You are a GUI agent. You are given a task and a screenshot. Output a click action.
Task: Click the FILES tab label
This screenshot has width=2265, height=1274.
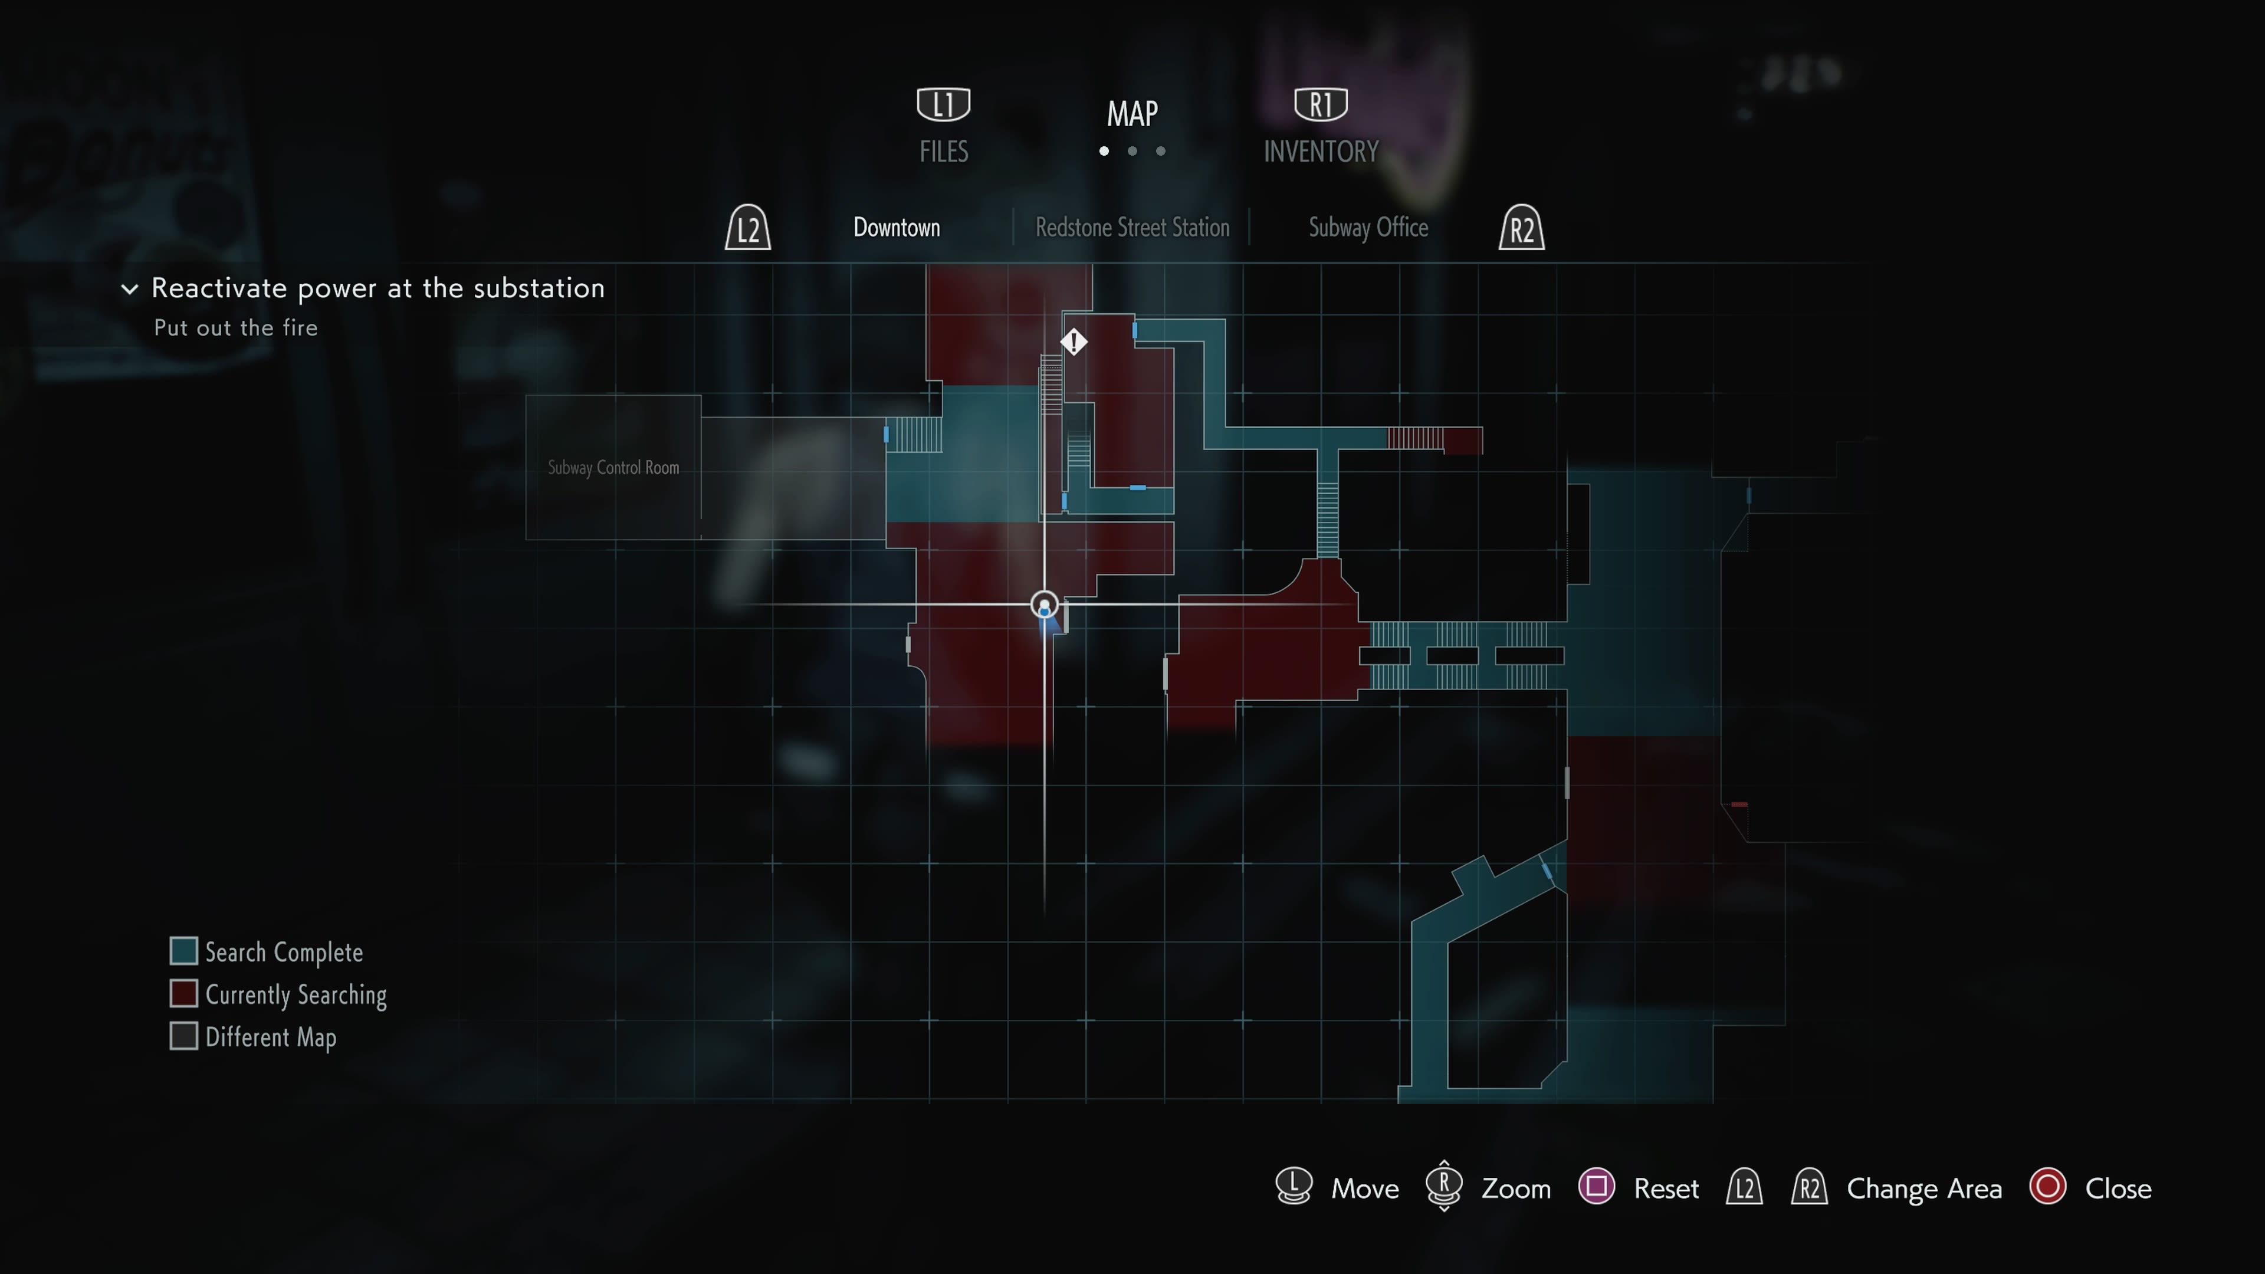tap(944, 152)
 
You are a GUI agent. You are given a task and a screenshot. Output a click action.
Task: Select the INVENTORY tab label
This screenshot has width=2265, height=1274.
tap(1321, 152)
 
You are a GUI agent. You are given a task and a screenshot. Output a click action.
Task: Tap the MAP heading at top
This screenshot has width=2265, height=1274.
tap(1132, 113)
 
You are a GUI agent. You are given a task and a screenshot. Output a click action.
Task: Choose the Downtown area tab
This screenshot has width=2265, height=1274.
tap(896, 228)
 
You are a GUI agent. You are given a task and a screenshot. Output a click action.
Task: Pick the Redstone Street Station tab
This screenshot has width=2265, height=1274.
tap(1132, 228)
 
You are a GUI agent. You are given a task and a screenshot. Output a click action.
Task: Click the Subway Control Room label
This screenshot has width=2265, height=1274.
tap(613, 468)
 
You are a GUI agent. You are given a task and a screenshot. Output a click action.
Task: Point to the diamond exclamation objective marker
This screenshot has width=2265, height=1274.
tap(1074, 341)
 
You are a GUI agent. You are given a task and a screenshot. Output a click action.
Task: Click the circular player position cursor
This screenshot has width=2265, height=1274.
tap(1043, 605)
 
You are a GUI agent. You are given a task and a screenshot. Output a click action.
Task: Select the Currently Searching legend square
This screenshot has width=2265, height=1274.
tap(183, 993)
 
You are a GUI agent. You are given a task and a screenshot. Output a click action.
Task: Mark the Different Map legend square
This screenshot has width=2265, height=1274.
tap(183, 1036)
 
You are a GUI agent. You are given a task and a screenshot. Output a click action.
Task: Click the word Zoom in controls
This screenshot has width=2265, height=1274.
tap(1516, 1188)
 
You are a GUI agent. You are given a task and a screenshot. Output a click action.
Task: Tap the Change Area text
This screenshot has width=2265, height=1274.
tap(1924, 1188)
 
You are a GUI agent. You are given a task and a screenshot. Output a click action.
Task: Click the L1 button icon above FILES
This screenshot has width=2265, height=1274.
tap(944, 104)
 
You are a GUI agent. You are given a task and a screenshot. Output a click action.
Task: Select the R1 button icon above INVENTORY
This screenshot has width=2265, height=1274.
tap(1321, 104)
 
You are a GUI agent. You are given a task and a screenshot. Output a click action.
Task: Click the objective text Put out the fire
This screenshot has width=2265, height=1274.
tap(236, 328)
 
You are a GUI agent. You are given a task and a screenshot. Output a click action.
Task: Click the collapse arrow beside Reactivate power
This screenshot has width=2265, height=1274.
tap(129, 288)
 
